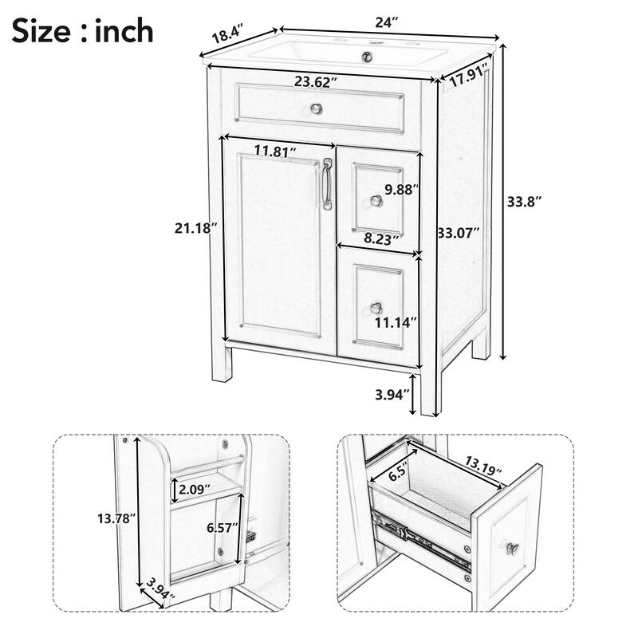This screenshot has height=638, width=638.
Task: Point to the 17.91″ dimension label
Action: click(x=467, y=79)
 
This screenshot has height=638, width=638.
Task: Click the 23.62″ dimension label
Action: click(x=316, y=81)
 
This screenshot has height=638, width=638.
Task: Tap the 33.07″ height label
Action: click(x=458, y=233)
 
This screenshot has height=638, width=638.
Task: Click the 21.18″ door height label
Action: click(x=195, y=228)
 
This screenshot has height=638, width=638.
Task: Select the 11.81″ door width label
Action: click(x=276, y=150)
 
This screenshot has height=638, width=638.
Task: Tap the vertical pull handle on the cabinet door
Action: click(x=326, y=185)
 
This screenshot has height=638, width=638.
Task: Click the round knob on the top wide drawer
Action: click(x=316, y=108)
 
